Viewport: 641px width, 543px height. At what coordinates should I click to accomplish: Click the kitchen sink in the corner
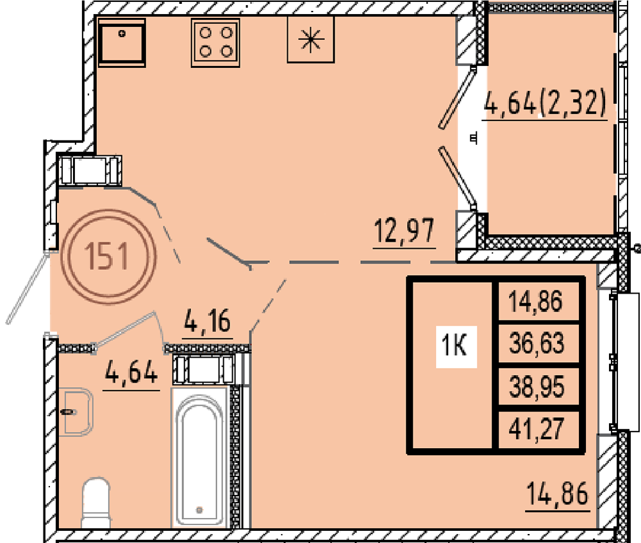point(122,42)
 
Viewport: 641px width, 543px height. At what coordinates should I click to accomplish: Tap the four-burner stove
point(215,42)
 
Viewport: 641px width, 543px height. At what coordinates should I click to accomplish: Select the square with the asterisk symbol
point(311,40)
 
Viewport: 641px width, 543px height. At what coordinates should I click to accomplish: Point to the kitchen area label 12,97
point(404,231)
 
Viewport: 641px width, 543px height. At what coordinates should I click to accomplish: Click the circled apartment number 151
point(108,256)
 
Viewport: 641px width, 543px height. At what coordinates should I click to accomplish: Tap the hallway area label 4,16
point(208,321)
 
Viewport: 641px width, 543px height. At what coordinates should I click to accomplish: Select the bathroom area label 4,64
point(131,372)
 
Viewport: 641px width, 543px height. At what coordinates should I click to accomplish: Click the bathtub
point(199,457)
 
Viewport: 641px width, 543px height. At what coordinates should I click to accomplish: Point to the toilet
point(97,502)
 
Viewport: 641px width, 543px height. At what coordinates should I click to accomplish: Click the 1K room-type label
point(454,346)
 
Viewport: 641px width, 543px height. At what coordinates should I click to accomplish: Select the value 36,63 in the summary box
point(537,343)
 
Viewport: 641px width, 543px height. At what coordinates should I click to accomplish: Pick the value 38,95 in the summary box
point(537,387)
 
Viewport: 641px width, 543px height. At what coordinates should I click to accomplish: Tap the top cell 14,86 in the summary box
point(536,301)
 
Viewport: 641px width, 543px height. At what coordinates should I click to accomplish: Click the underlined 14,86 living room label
point(558,494)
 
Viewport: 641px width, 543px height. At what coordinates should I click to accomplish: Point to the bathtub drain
point(199,510)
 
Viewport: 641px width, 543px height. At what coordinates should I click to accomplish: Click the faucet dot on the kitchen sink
point(122,33)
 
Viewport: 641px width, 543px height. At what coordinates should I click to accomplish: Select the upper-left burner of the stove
point(205,32)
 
